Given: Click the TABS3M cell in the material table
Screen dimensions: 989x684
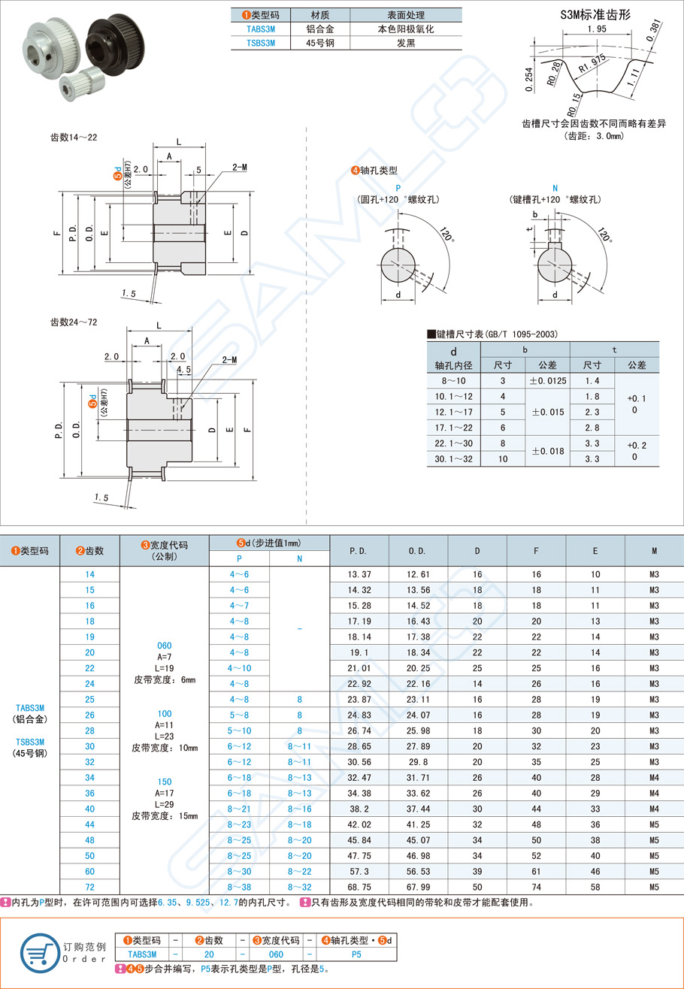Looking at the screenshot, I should click(260, 29).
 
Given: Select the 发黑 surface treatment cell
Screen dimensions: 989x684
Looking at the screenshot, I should click(405, 44).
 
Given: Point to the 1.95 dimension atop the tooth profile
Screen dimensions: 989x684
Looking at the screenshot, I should click(597, 29).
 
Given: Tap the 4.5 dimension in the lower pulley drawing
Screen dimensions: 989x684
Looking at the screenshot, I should click(183, 369).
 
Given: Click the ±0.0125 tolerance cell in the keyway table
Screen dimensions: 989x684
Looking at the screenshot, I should click(547, 381).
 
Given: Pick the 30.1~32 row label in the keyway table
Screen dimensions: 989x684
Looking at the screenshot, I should click(452, 459).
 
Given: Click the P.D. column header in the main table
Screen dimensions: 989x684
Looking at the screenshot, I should click(359, 551).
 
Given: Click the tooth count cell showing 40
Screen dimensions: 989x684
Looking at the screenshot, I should click(90, 809).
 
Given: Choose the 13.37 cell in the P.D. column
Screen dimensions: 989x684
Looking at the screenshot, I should click(359, 574).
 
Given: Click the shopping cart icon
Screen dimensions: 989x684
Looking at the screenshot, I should click(40, 950).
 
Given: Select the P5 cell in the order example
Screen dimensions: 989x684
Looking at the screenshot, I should click(356, 954).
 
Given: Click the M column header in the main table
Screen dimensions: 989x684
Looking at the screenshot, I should click(654, 551).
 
